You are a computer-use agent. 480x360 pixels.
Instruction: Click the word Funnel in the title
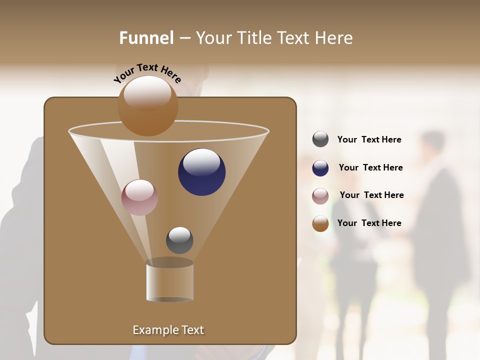(x=146, y=38)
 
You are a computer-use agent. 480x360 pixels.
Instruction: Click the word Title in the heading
(x=254, y=38)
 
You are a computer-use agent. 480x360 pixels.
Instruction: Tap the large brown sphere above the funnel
(x=148, y=106)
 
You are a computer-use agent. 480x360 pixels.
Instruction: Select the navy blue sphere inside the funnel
(x=201, y=172)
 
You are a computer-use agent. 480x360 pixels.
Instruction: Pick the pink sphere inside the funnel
(x=139, y=197)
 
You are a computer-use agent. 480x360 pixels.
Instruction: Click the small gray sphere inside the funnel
(x=179, y=240)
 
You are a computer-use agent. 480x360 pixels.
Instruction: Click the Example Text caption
(x=168, y=330)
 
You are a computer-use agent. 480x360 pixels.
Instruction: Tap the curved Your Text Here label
(x=147, y=73)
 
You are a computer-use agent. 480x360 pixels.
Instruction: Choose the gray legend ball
(x=320, y=139)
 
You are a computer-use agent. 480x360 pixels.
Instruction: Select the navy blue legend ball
(x=320, y=168)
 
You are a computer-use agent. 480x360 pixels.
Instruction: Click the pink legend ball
(x=320, y=196)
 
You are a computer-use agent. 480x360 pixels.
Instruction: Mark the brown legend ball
(x=320, y=223)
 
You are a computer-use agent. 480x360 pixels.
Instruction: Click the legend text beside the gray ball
(x=369, y=140)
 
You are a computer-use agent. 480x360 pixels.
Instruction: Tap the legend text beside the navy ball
(x=370, y=168)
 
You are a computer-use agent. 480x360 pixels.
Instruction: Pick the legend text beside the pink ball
(x=371, y=195)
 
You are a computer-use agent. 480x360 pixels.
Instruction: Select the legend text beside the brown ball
(x=369, y=223)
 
